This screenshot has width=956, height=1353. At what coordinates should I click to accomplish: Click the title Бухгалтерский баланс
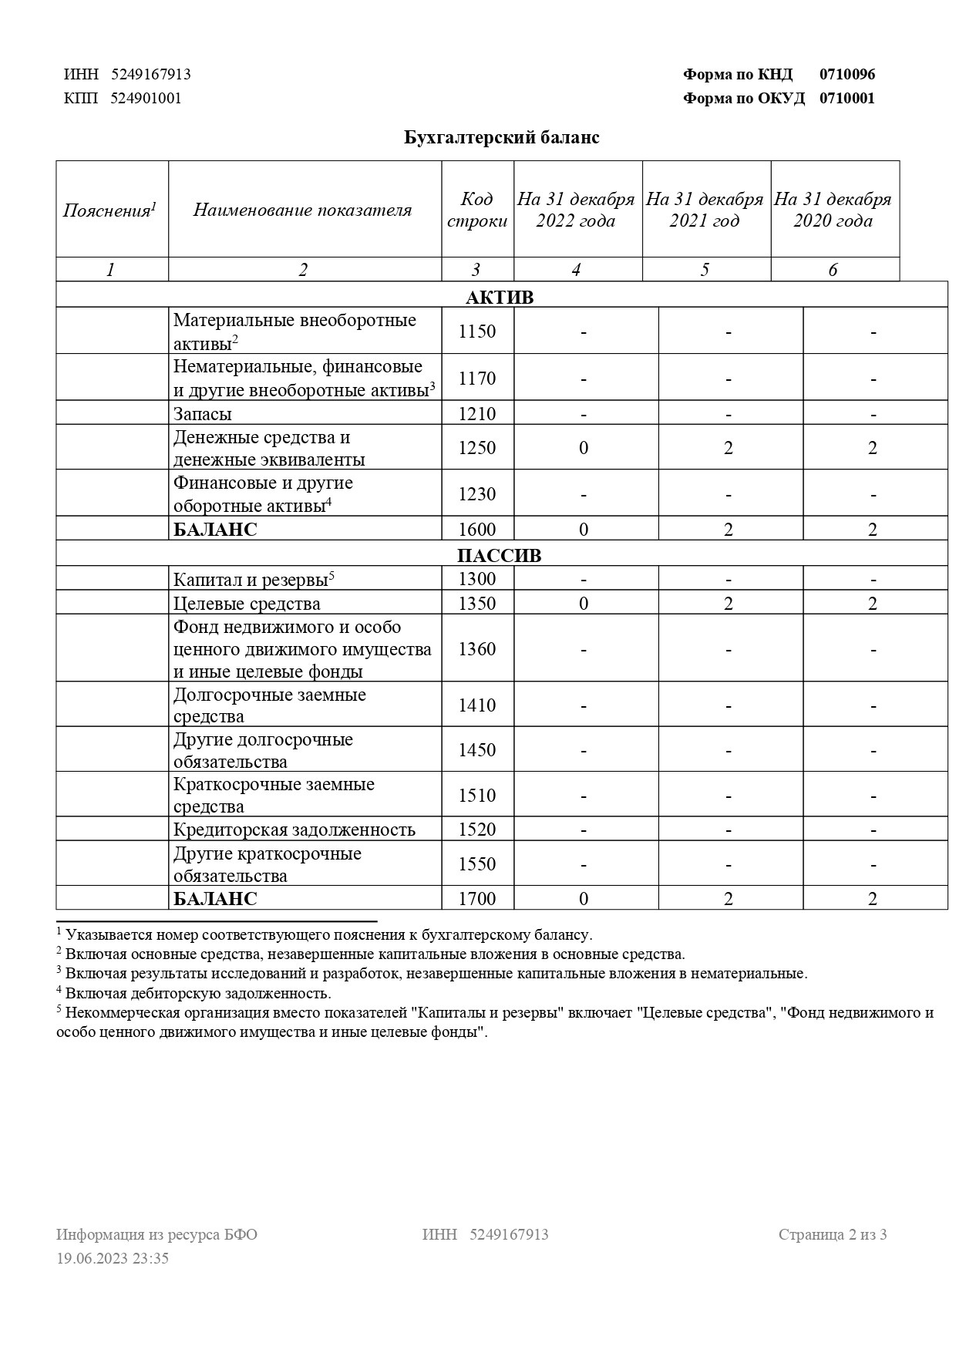tap(502, 138)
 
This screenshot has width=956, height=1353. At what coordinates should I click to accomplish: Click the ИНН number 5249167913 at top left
tap(151, 75)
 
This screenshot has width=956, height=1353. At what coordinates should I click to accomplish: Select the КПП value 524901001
tap(146, 98)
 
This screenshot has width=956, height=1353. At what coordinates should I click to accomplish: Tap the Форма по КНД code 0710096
tap(847, 75)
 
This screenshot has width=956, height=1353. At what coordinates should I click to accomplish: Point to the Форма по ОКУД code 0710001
tap(847, 98)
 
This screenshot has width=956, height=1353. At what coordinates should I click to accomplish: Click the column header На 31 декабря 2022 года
tap(576, 210)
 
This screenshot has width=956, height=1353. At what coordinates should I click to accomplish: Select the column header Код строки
tap(477, 210)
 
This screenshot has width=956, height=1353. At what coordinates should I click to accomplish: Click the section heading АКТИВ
tap(500, 298)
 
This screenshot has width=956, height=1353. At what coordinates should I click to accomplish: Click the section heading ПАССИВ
tap(500, 556)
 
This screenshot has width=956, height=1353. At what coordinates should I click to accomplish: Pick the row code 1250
tap(477, 448)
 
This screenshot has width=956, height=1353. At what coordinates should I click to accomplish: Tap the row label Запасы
tap(203, 414)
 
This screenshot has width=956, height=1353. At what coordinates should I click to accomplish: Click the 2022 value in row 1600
tap(584, 530)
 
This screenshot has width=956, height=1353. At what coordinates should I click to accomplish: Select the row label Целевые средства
tap(247, 604)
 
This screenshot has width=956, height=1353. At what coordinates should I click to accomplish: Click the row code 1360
tap(477, 649)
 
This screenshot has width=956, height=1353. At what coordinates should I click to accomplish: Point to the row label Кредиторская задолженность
tap(294, 830)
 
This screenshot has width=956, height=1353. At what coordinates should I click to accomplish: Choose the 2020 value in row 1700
tap(873, 899)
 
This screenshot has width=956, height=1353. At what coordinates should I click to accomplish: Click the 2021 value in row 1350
tap(729, 604)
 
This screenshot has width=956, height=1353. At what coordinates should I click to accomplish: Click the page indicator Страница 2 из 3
tap(833, 1234)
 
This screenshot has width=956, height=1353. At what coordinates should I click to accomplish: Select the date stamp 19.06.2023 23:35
tap(113, 1258)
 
